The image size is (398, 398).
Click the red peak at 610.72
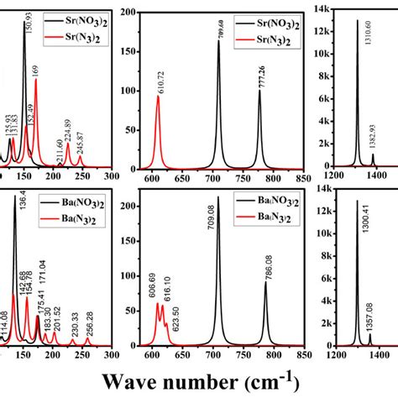[158, 97]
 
